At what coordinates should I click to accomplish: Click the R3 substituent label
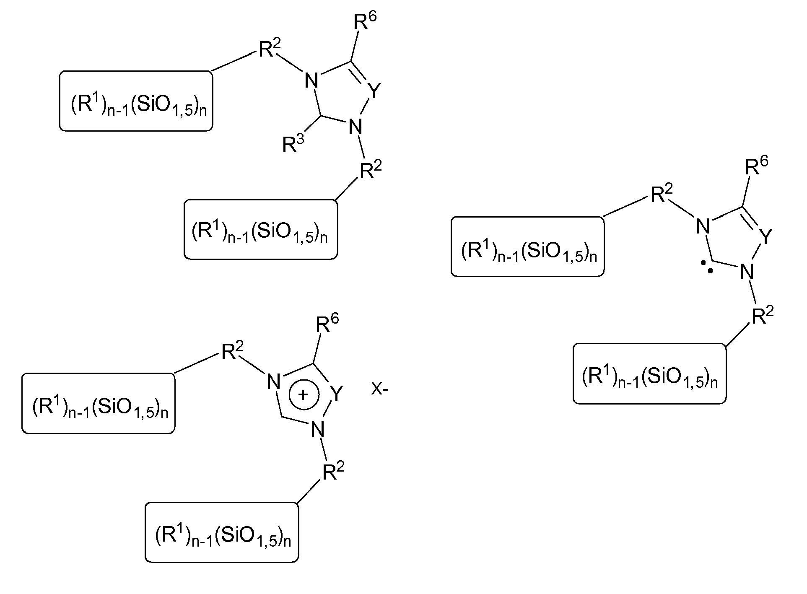tap(293, 144)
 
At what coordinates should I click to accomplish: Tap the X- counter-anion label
tap(380, 390)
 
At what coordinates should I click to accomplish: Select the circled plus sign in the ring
tap(305, 395)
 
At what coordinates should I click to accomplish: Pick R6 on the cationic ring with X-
tap(327, 324)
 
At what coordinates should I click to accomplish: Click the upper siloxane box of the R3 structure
tap(136, 101)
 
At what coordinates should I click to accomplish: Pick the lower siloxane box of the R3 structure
tap(261, 229)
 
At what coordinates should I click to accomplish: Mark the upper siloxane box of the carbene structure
tap(527, 246)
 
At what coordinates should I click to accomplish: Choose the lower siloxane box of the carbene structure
tap(650, 374)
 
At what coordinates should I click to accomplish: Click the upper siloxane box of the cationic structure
tap(98, 403)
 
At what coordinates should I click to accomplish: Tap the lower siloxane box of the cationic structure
tap(222, 532)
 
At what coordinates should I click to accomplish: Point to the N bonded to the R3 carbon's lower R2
tap(355, 127)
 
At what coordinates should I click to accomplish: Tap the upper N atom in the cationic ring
tap(273, 382)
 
